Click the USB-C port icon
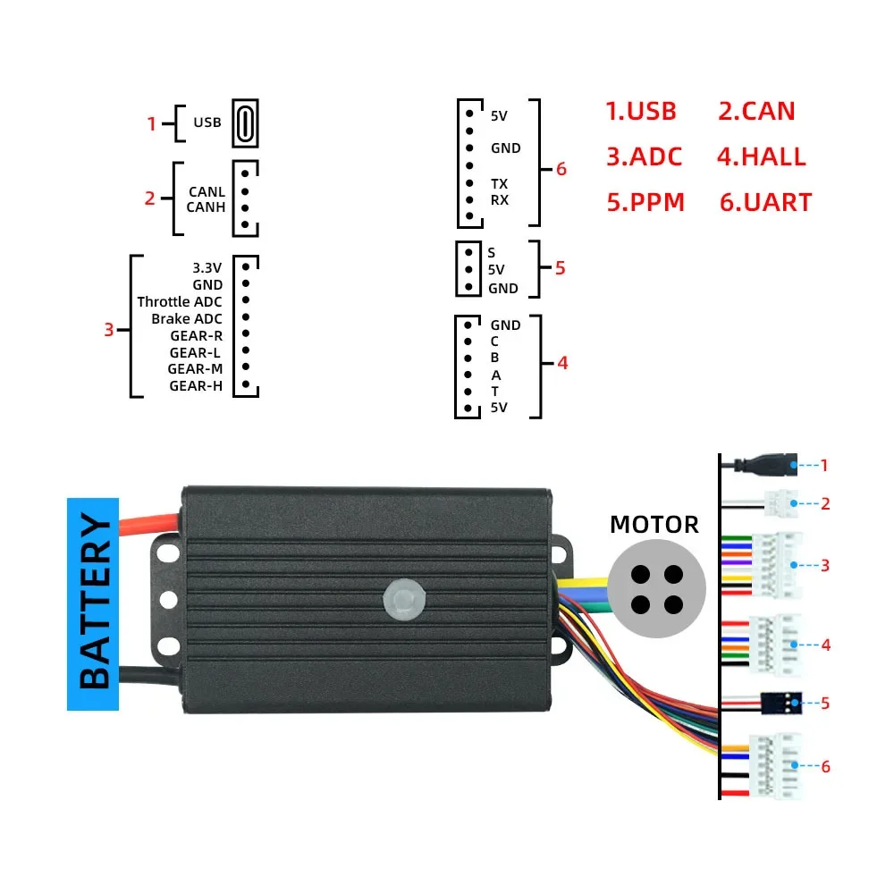click(x=245, y=122)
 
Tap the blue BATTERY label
click(x=93, y=603)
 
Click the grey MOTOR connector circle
click(x=657, y=588)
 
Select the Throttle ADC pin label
click(x=180, y=301)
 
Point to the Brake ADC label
click(x=187, y=318)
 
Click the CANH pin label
click(x=206, y=207)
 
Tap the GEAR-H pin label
click(x=196, y=386)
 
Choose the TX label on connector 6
click(x=499, y=183)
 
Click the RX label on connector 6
click(x=499, y=200)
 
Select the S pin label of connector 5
click(x=492, y=253)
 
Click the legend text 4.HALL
click(x=761, y=156)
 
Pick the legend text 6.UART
click(x=765, y=202)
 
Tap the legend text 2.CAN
click(x=756, y=111)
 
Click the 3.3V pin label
click(x=207, y=267)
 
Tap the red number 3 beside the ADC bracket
click(x=108, y=329)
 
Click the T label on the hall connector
click(x=494, y=392)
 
